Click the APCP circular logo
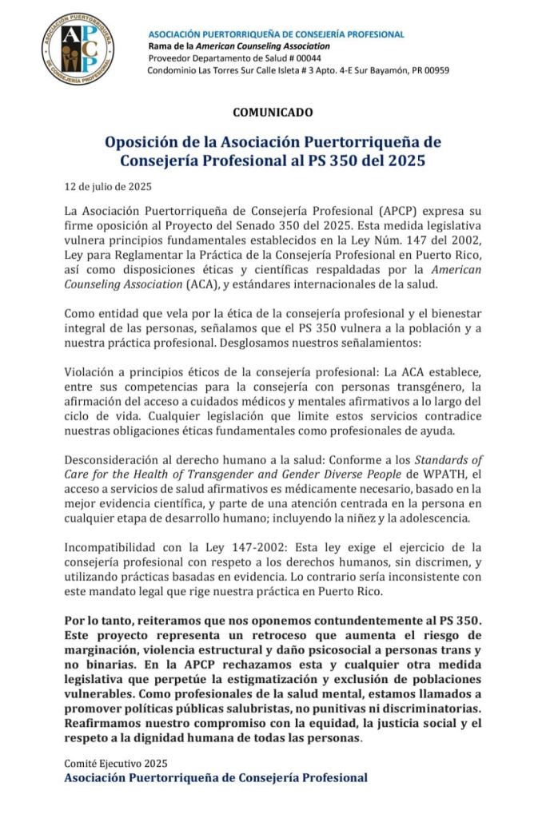pyautogui.click(x=78, y=49)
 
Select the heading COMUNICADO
pyautogui.click(x=273, y=113)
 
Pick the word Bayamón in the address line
pyautogui.click(x=366, y=70)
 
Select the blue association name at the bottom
pyautogui.click(x=216, y=777)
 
